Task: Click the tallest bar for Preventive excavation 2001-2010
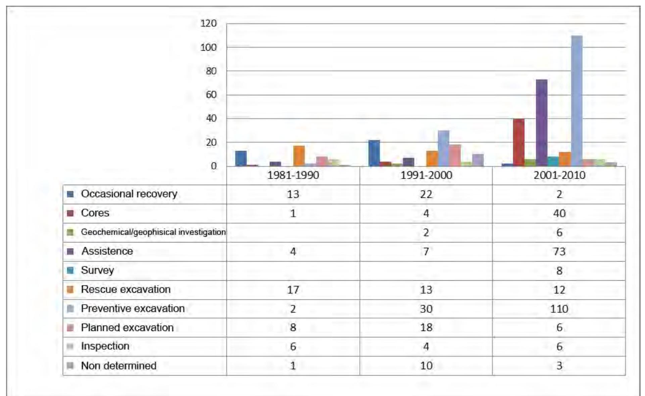[577, 101]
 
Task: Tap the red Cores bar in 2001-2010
[518, 143]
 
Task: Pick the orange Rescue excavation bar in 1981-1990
[299, 156]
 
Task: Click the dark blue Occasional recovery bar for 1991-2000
[374, 153]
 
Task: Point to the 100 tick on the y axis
[208, 48]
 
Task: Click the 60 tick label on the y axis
[211, 95]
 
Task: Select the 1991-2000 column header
[426, 175]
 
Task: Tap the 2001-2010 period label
[559, 175]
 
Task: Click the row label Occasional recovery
[129, 194]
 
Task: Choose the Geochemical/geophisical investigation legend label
[153, 232]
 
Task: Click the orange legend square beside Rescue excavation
[70, 289]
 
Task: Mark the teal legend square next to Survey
[70, 270]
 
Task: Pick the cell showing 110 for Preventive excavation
[559, 309]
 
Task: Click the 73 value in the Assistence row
[559, 251]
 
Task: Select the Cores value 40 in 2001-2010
[559, 213]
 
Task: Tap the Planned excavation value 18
[426, 328]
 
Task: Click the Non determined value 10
[426, 366]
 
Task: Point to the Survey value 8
[559, 271]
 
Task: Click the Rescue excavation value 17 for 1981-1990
[293, 290]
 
